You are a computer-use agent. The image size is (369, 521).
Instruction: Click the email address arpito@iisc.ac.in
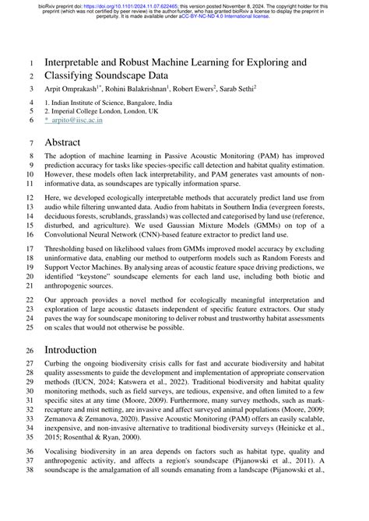[83, 121]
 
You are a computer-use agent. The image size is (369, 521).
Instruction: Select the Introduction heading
[81, 350]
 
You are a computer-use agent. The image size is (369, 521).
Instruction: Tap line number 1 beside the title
[30, 62]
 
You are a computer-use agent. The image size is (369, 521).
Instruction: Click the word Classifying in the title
[82, 76]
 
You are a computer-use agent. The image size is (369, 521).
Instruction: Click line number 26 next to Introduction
[29, 350]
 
